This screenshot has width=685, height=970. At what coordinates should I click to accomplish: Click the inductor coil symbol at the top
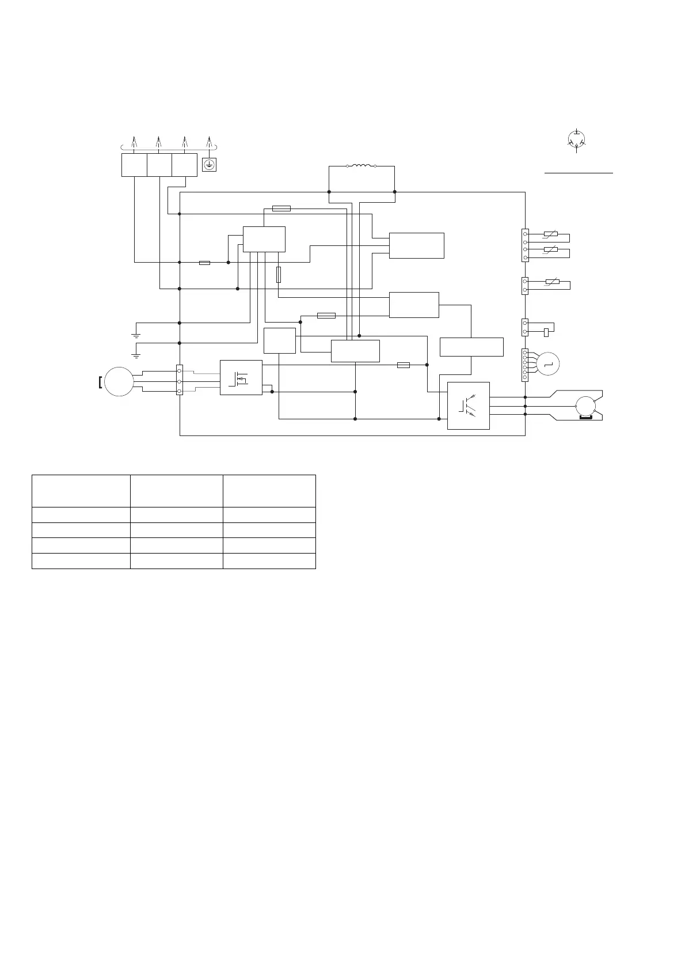click(x=361, y=166)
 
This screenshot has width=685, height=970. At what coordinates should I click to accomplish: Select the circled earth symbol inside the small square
click(x=209, y=166)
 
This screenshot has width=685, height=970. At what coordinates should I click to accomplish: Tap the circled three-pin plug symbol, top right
click(x=577, y=140)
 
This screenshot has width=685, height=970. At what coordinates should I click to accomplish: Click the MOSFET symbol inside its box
click(x=241, y=378)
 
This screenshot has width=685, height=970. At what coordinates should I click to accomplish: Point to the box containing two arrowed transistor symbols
click(x=469, y=406)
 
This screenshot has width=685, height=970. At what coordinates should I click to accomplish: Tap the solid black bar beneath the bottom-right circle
click(x=586, y=418)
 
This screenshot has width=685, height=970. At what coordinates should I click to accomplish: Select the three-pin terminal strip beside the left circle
click(x=180, y=381)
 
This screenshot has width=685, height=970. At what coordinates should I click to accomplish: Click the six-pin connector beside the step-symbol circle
click(x=525, y=364)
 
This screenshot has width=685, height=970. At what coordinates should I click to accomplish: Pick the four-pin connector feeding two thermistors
click(x=525, y=245)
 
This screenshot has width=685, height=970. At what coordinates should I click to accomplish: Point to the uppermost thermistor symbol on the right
click(x=551, y=234)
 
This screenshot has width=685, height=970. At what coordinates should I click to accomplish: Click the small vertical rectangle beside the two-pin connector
click(x=546, y=332)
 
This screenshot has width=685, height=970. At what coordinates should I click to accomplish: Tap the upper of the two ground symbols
click(x=136, y=333)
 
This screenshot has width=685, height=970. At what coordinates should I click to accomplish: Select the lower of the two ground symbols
click(x=136, y=353)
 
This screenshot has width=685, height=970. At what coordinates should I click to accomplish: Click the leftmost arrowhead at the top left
click(x=134, y=141)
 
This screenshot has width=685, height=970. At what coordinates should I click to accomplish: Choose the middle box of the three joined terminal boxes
click(x=159, y=165)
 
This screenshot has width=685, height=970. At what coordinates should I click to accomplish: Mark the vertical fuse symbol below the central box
click(x=279, y=275)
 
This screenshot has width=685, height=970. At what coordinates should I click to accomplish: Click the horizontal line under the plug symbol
click(x=579, y=172)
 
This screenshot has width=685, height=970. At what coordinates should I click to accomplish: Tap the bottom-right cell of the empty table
click(x=269, y=561)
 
